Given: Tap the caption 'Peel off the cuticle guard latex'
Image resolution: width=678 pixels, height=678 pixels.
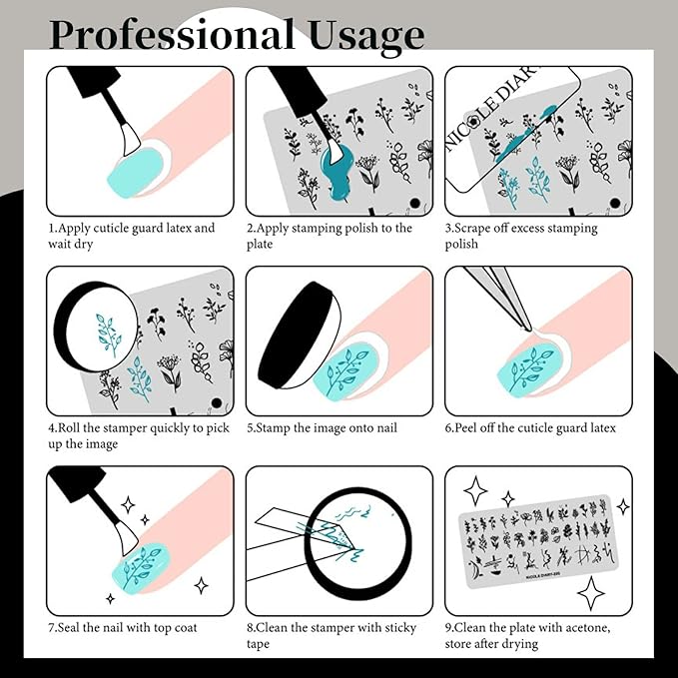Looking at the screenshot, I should [x=530, y=428].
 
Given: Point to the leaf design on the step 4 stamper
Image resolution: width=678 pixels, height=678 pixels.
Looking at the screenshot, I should [x=105, y=334].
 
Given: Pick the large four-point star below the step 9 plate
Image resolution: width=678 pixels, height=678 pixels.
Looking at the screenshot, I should [x=591, y=593].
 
